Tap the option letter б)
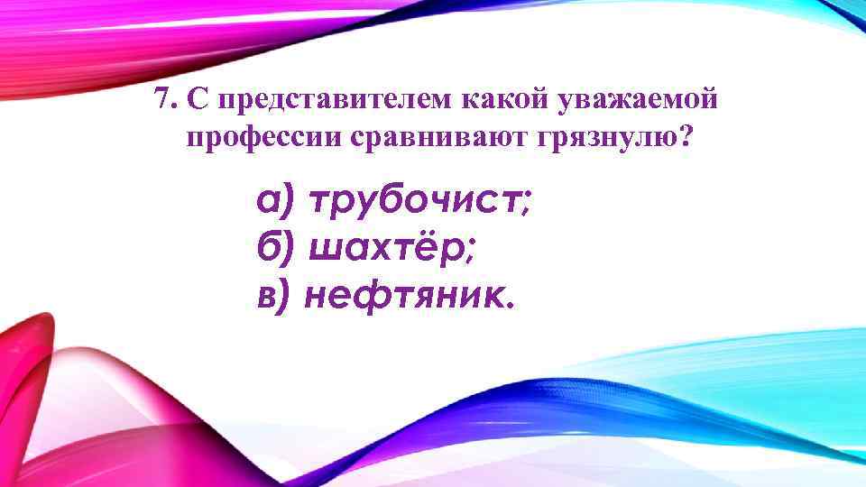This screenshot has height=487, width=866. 275,248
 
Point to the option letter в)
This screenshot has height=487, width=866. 273,293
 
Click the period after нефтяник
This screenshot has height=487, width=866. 513,303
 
